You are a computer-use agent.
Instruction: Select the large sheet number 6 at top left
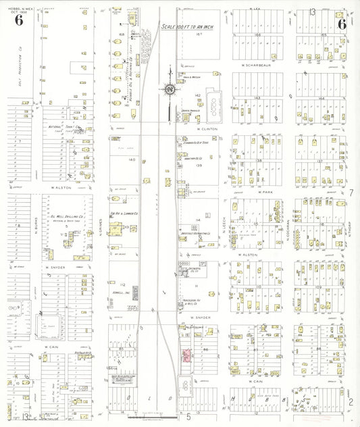click(18, 20)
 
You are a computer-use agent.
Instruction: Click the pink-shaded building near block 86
click(184, 355)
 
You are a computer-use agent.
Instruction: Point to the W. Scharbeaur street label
click(255, 65)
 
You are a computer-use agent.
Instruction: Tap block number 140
click(132, 160)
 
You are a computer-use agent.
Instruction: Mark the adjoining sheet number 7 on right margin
click(351, 193)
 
